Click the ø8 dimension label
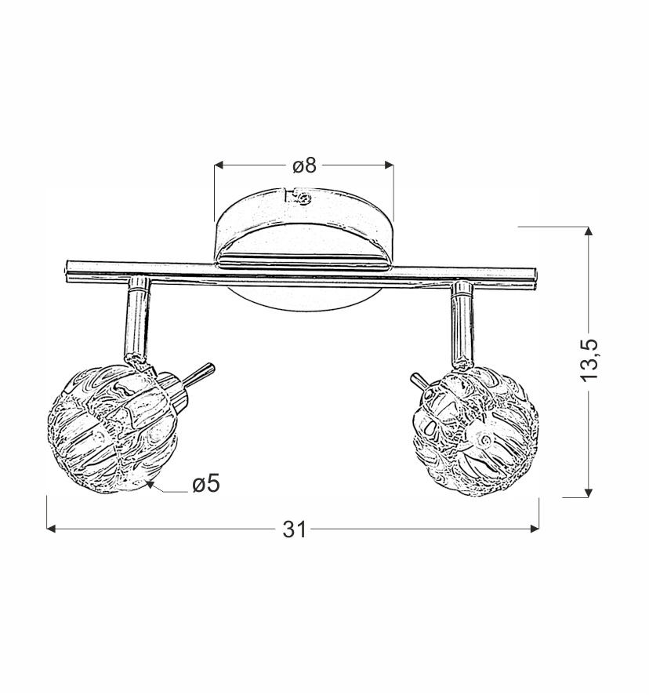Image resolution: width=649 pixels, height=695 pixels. pyautogui.click(x=305, y=166)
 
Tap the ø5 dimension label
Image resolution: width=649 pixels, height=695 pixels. pyautogui.click(x=206, y=483)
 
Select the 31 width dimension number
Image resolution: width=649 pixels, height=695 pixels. pyautogui.click(x=295, y=529)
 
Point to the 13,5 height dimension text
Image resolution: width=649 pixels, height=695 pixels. pyautogui.click(x=589, y=360)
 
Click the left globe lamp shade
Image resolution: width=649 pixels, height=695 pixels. pyautogui.click(x=113, y=430)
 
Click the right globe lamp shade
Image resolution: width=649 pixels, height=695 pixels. pyautogui.click(x=475, y=431)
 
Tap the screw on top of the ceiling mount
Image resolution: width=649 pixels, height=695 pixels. pyautogui.click(x=303, y=198)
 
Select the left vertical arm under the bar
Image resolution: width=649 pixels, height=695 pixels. pyautogui.click(x=137, y=318)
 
